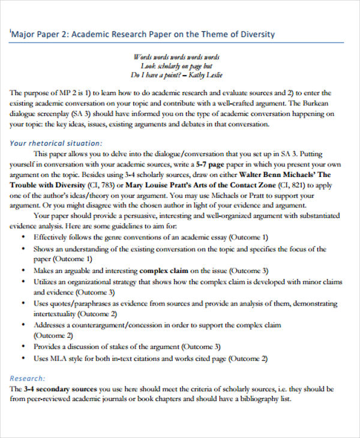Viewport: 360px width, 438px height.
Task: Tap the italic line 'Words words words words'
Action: pyautogui.click(x=176, y=56)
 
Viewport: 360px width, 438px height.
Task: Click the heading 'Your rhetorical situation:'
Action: pyautogui.click(x=56, y=143)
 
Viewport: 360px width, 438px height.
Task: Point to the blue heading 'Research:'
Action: pyautogui.click(x=28, y=378)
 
